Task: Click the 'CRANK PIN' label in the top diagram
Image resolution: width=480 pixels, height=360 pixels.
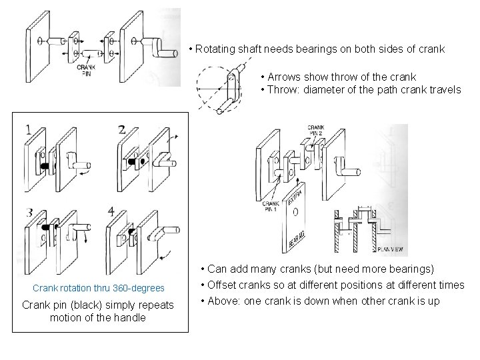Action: (x=85, y=70)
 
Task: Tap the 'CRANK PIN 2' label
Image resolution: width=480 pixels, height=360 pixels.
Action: (x=316, y=130)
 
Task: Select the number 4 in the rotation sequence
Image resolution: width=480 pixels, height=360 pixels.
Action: (x=111, y=213)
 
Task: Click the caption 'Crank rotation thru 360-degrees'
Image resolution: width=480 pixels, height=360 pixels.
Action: (x=99, y=288)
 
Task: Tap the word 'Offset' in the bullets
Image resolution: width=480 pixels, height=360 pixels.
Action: (x=225, y=285)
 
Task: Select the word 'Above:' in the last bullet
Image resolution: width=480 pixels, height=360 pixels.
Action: (x=226, y=301)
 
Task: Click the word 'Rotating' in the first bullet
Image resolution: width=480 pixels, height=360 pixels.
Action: (x=216, y=50)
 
